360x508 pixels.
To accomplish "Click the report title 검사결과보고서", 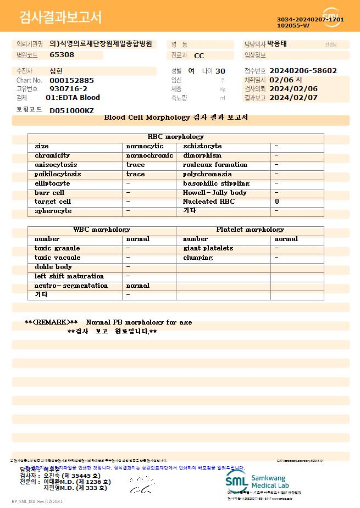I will (x=60, y=18).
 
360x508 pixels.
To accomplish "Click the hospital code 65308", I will (x=62, y=54).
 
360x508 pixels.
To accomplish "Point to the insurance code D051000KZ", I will (x=71, y=110).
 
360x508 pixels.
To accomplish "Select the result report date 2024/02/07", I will (x=293, y=98).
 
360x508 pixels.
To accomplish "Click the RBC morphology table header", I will (x=176, y=137).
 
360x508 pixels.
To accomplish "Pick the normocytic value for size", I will (x=145, y=146).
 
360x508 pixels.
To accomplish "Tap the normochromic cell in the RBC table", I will (x=149, y=155).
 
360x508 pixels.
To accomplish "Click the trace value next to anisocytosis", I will (x=135, y=165).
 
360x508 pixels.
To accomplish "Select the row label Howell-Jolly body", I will (x=214, y=193).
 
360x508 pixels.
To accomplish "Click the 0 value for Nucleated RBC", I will (x=277, y=202).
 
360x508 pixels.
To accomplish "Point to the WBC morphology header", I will (x=102, y=230).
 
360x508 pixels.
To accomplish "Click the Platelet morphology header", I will (x=250, y=230).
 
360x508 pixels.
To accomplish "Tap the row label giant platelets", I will (x=208, y=248).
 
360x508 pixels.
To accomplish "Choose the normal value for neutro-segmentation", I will (x=137, y=286).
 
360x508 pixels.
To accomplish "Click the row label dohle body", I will (x=53, y=267).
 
